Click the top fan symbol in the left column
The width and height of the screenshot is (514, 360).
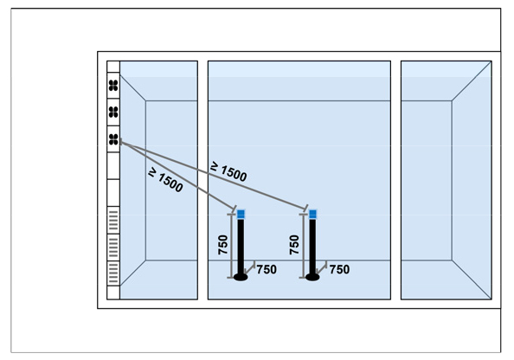point(113,86)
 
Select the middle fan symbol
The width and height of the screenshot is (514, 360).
point(113,112)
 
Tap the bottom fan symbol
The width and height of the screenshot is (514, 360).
point(113,139)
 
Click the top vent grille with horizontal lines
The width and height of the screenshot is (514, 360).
point(113,221)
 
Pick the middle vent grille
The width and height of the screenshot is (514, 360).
point(113,247)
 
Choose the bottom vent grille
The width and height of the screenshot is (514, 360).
point(113,273)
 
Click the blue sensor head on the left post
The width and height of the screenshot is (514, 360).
point(241,215)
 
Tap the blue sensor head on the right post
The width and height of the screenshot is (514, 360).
point(312,215)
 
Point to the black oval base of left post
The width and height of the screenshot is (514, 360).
point(241,278)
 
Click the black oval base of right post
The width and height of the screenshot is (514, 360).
point(312,278)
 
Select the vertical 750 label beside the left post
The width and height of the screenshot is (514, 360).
point(223,245)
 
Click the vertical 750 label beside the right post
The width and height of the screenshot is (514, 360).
point(294,245)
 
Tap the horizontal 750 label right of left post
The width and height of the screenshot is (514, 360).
point(267,269)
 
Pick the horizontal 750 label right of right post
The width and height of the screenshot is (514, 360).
point(339,269)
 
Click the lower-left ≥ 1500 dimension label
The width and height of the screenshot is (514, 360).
point(165,180)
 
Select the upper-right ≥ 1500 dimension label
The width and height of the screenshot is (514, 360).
point(228,171)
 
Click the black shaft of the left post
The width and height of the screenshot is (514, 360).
point(241,247)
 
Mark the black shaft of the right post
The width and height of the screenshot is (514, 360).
point(312,247)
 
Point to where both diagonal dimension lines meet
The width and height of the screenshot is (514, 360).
point(121,142)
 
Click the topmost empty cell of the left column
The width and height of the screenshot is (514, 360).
point(113,67)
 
